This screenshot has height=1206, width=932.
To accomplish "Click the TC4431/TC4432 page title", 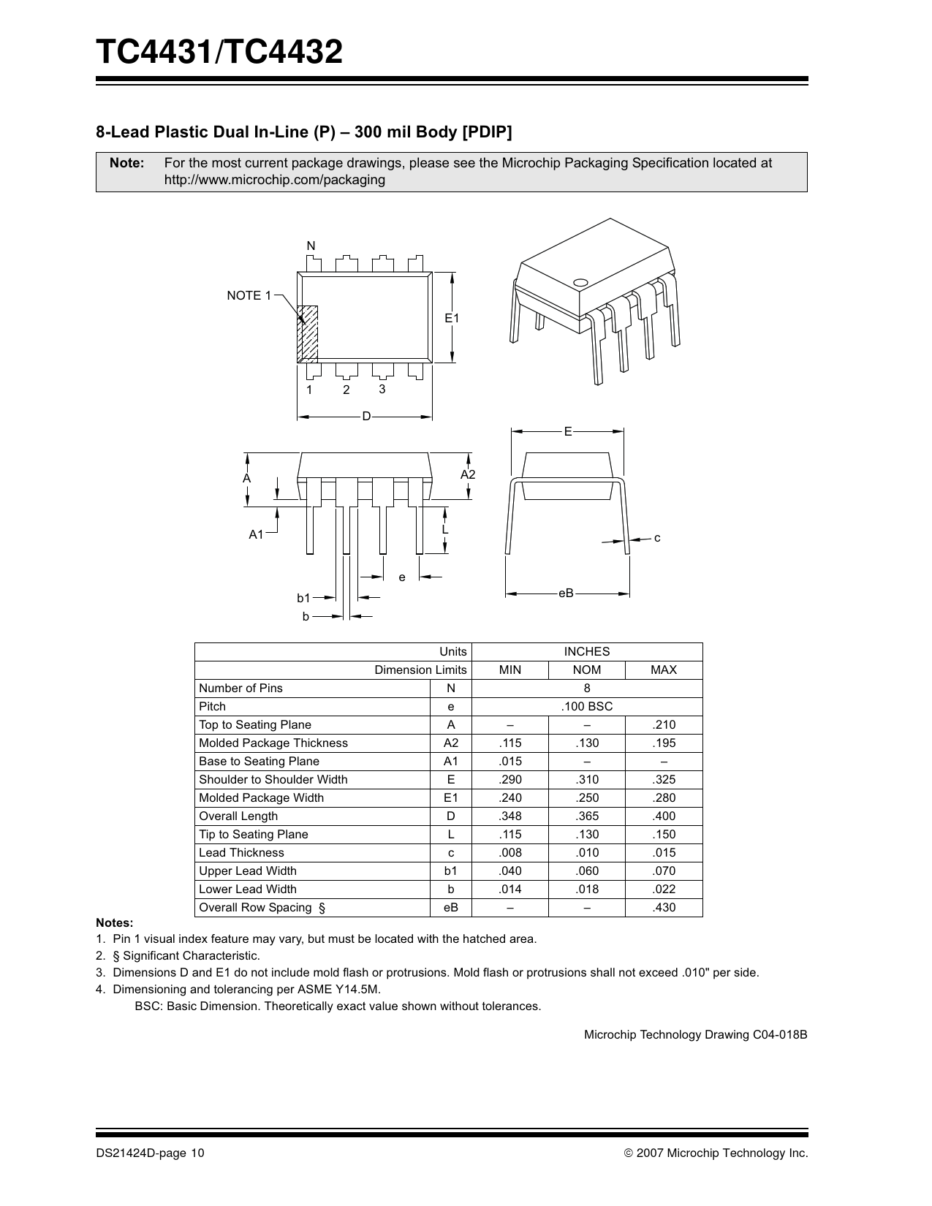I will tap(219, 53).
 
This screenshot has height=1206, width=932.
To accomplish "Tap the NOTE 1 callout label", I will tap(249, 295).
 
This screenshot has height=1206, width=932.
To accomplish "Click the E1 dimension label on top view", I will tap(452, 318).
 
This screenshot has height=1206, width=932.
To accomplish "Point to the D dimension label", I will tap(366, 417).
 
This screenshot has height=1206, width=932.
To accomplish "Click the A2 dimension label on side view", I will tap(468, 475).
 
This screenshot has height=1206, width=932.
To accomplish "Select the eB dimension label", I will tap(566, 593).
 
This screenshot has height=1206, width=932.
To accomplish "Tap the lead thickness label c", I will tap(657, 538).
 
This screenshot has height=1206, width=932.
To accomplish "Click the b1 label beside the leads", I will tap(304, 598).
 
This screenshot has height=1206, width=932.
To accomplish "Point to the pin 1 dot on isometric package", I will tap(581, 282).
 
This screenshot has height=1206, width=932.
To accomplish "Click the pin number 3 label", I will tap(382, 389).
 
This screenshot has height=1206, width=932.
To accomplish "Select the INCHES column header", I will tap(586, 651).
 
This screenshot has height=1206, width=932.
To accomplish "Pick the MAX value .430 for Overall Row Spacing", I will tap(664, 908).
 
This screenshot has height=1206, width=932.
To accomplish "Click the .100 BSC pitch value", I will tap(586, 707).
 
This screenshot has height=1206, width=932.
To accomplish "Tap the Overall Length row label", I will tap(238, 816).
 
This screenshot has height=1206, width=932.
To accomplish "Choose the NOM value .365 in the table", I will tap(586, 816).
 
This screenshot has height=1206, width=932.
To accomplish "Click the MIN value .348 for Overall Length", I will tap(509, 816).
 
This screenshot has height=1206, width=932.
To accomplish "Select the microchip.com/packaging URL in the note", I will tap(275, 180).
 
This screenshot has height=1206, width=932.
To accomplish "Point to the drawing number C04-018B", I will tap(780, 1035).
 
